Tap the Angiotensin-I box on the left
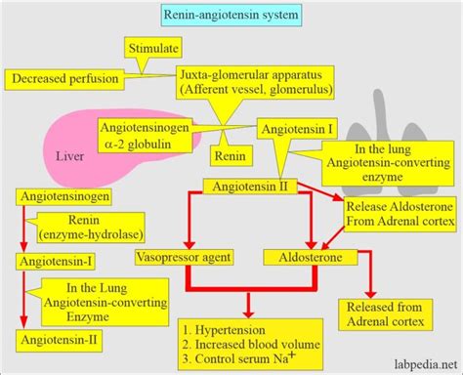click(54, 262)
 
